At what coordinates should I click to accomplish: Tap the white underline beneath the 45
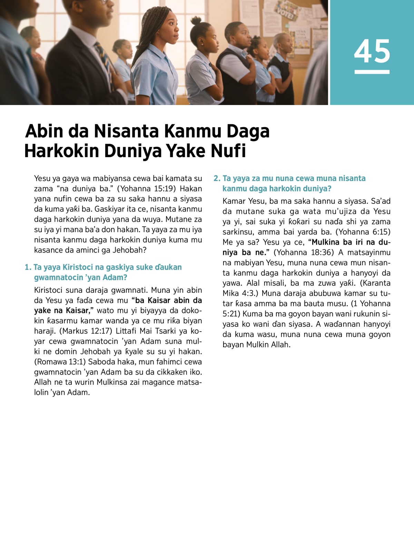(372, 72)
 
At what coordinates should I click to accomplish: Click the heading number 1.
(28, 267)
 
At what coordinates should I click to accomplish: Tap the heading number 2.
(217, 178)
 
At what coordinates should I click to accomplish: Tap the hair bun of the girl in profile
(196, 20)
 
